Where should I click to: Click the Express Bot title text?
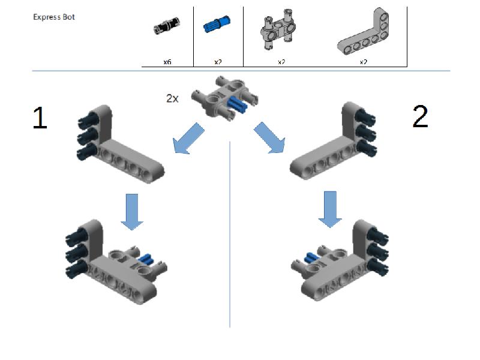click(x=54, y=17)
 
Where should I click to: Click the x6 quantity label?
click(x=167, y=61)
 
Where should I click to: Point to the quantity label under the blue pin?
click(x=218, y=61)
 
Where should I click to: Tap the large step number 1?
click(x=40, y=118)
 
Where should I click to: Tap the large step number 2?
click(x=421, y=116)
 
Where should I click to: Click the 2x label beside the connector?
click(x=172, y=98)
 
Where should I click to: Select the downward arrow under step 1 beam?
click(x=132, y=211)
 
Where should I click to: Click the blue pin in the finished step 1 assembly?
click(x=145, y=259)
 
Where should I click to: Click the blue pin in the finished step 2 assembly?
click(x=310, y=258)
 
